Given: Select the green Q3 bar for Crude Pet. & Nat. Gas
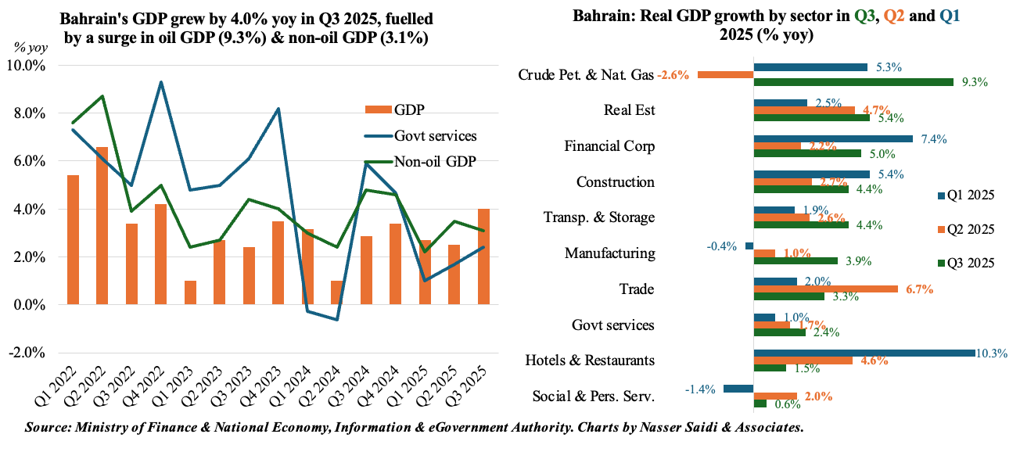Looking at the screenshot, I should [x=853, y=81].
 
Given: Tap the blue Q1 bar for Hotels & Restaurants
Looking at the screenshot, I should [x=864, y=353].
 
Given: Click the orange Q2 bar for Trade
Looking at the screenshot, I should [x=825, y=289].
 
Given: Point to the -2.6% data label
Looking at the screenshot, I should [x=673, y=75].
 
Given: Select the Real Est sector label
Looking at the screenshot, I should [x=630, y=110].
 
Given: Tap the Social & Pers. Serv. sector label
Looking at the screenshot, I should [x=593, y=396].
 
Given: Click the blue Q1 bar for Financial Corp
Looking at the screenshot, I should [x=833, y=139].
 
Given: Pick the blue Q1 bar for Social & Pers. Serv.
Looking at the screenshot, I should [x=738, y=389].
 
